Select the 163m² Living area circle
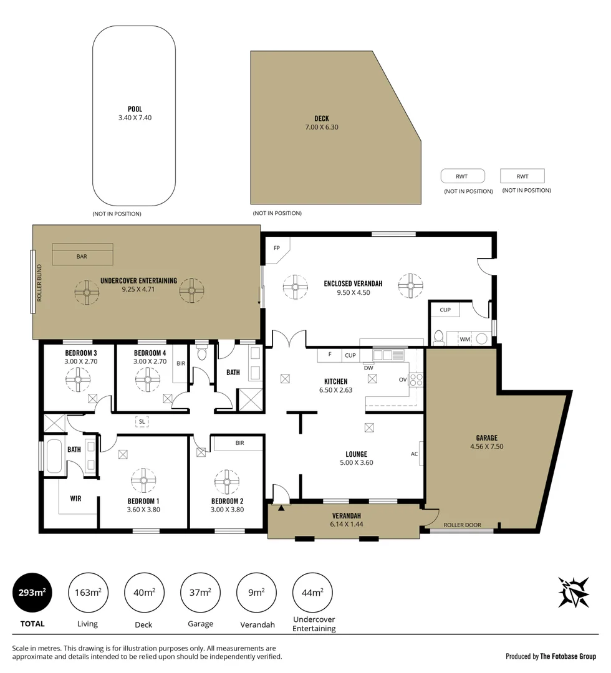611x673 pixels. [87, 593]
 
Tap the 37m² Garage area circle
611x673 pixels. [200, 593]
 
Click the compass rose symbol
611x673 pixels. [573, 592]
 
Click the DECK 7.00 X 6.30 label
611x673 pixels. [322, 123]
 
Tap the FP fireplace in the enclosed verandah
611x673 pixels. [277, 248]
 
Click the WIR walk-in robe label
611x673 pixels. [75, 499]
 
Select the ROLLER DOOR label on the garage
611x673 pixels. [462, 525]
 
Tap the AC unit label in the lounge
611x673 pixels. [414, 454]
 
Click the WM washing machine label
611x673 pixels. [464, 339]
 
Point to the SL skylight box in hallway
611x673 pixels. [143, 421]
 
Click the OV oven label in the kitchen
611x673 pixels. [403, 379]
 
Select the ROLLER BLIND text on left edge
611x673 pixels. [39, 283]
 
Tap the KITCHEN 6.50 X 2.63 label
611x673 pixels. [335, 386]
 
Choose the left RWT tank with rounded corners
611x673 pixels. [462, 176]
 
